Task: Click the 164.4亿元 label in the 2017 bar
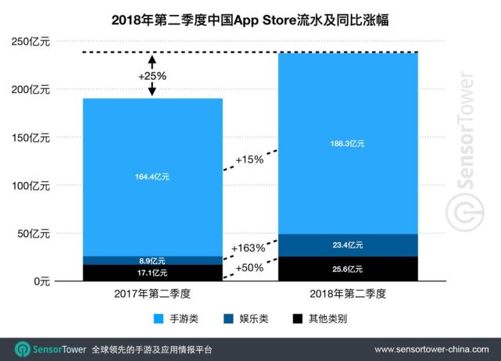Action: click(152, 177)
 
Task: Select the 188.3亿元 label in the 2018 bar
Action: click(348, 144)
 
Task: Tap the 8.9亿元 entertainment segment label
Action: click(152, 261)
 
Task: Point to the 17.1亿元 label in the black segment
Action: click(152, 273)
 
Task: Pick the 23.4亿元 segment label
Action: click(348, 245)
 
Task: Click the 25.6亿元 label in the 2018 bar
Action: click(348, 269)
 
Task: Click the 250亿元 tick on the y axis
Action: click(30, 42)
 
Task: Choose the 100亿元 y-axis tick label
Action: click(30, 185)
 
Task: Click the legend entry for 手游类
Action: click(181, 320)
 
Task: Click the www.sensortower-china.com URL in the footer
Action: click(432, 348)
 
